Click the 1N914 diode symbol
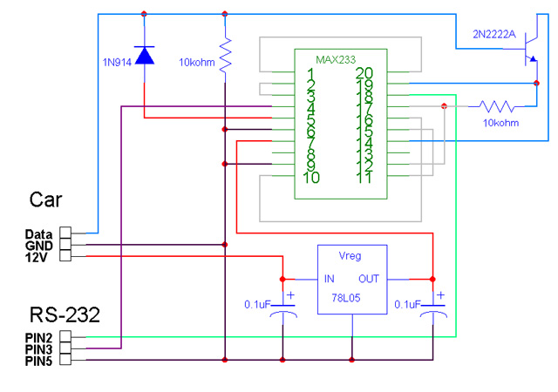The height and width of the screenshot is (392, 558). tap(144, 56)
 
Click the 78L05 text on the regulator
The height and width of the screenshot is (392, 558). tap(350, 298)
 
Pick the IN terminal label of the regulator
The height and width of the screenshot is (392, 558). tap(330, 279)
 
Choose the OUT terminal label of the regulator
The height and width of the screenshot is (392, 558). tap(370, 279)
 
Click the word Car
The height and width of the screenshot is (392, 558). tap(45, 199)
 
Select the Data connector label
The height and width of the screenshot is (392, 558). tap(38, 233)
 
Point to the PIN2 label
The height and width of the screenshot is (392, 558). tap(40, 337)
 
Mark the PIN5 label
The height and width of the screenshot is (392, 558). tap(40, 360)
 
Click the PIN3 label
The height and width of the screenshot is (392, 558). tap(40, 348)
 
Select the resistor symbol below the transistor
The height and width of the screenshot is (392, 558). tap(496, 106)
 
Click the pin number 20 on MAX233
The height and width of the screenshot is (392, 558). tap(364, 73)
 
